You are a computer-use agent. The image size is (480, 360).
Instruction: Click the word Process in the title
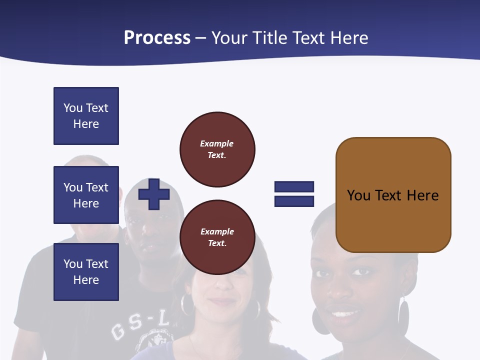point(157,38)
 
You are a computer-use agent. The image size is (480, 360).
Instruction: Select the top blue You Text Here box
point(86,116)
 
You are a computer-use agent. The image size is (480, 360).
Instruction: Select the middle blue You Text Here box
point(86,195)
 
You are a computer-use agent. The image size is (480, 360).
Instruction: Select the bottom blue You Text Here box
point(86,272)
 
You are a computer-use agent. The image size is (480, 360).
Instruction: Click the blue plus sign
point(154,194)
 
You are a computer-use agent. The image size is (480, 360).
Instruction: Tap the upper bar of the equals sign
point(294,187)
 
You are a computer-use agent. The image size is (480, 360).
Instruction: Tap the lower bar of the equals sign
point(294,201)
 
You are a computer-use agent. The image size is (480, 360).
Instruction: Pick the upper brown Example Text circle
point(217,149)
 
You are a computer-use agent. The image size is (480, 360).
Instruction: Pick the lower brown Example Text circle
point(217,237)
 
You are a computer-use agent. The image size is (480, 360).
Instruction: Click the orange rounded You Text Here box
point(393,195)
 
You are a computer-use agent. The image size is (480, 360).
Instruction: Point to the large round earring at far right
point(403,317)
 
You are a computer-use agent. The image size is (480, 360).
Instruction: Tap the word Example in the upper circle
point(217,143)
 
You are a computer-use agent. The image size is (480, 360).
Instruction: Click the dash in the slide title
point(200,38)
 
